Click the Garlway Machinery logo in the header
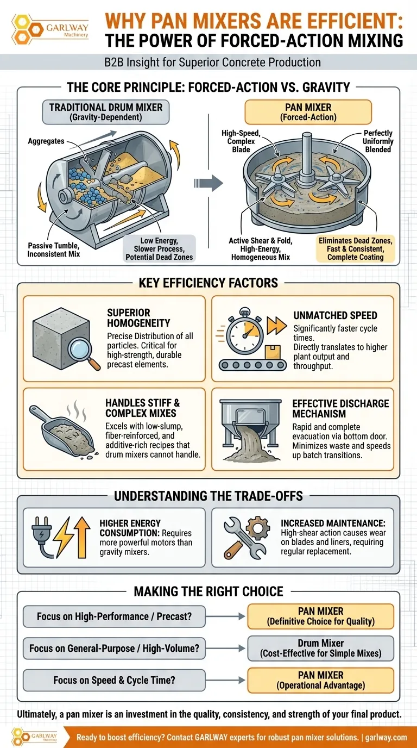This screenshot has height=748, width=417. click(50, 29)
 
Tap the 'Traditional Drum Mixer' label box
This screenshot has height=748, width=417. click(106, 112)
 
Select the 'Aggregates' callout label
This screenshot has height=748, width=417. click(46, 141)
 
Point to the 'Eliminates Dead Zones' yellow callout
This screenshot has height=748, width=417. click(355, 249)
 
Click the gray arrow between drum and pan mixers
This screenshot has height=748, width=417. click(208, 183)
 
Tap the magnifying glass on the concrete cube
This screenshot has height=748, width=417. click(84, 353)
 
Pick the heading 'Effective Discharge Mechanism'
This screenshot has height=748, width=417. click(340, 408)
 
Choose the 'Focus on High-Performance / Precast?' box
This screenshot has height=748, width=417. click(114, 616)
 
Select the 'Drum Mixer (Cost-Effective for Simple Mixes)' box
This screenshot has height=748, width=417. click(320, 648)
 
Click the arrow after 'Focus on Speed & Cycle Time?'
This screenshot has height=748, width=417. click(225, 680)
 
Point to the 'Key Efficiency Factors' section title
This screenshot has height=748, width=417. click(208, 283)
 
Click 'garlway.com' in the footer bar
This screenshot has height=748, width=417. click(386, 737)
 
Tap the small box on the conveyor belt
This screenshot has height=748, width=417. click(272, 352)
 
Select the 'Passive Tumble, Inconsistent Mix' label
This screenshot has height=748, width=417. click(53, 250)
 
